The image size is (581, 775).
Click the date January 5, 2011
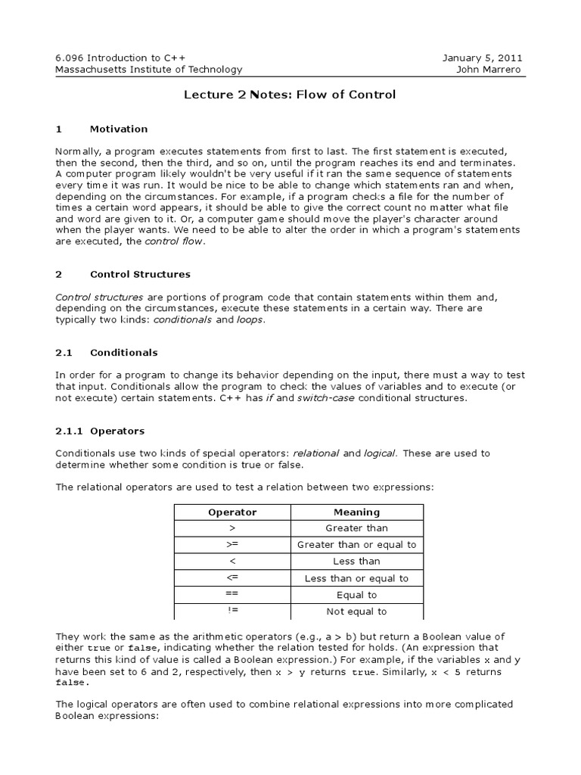pos(482,58)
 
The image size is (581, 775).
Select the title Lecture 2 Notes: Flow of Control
pos(290,95)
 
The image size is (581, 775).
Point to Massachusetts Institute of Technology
pos(149,70)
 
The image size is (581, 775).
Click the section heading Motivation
pos(119,129)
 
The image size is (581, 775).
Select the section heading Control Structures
pos(140,274)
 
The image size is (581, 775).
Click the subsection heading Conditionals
pos(123,352)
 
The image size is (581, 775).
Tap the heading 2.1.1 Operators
pos(100,431)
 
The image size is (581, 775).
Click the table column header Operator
pos(232,512)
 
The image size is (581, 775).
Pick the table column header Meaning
pos(356,512)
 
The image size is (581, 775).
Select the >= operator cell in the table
pos(232,545)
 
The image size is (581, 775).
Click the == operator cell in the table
pos(232,595)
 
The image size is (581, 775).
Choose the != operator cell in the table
pos(232,612)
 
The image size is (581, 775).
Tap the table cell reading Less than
pos(356,562)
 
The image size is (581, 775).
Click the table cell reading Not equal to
pos(356,612)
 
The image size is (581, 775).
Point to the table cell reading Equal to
pos(356,595)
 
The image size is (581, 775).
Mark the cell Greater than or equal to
pos(356,545)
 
